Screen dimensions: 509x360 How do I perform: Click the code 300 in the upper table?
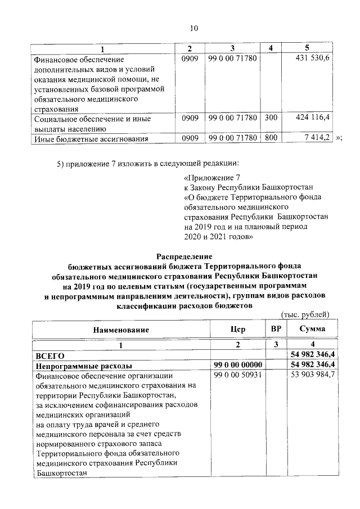[x=271, y=118]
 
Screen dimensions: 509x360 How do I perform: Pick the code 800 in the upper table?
[x=271, y=138]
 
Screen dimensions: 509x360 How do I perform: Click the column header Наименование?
[x=121, y=330]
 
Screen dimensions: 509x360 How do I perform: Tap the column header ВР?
[x=275, y=330]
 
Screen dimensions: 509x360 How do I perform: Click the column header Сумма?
[x=312, y=330]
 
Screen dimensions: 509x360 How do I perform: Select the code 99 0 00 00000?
[x=238, y=365]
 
